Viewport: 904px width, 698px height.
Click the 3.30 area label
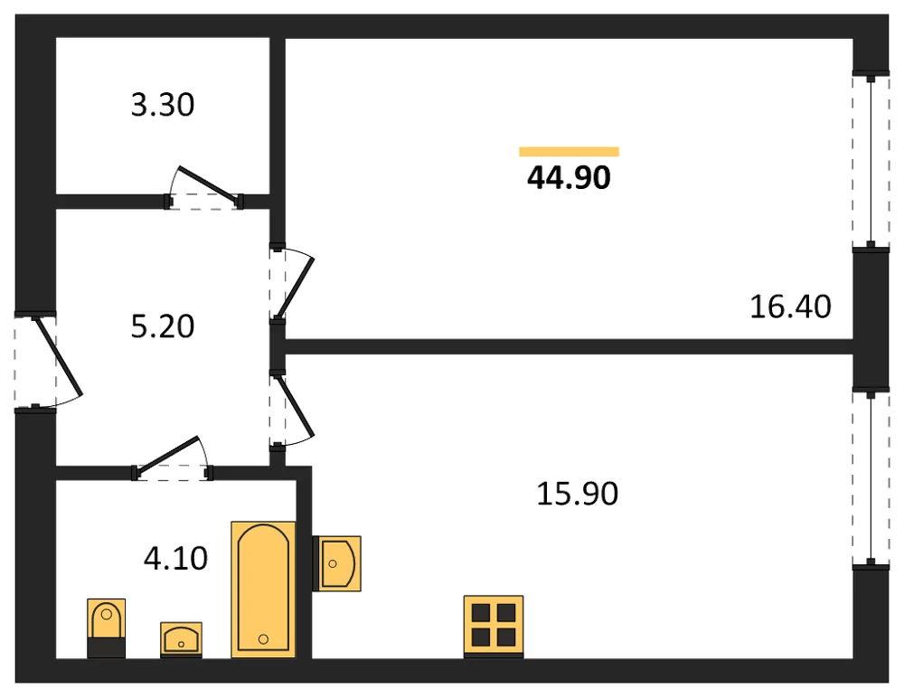pyautogui.click(x=163, y=105)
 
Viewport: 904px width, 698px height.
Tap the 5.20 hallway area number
pyautogui.click(x=163, y=326)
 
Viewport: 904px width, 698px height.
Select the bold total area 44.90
pyautogui.click(x=569, y=178)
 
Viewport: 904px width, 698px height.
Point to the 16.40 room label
pyautogui.click(x=790, y=307)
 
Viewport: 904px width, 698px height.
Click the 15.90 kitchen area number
pyautogui.click(x=577, y=494)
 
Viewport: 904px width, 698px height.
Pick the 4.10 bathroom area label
pyautogui.click(x=175, y=559)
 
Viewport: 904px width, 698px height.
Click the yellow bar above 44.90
pyautogui.click(x=569, y=152)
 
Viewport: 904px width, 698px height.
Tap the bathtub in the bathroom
pyautogui.click(x=263, y=590)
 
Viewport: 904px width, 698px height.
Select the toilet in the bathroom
pyautogui.click(x=106, y=627)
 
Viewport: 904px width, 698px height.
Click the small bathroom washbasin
pyautogui.click(x=181, y=639)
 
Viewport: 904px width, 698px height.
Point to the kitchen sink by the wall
pyautogui.click(x=337, y=563)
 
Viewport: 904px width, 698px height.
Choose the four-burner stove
pyautogui.click(x=494, y=627)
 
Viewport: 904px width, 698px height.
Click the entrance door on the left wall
pyautogui.click(x=49, y=361)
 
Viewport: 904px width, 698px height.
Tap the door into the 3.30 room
pyautogui.click(x=204, y=188)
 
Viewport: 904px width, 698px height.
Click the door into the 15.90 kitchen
pyautogui.click(x=292, y=409)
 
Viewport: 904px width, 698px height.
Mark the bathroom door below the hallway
pyautogui.click(x=173, y=458)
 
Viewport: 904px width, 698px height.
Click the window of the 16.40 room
pyautogui.click(x=871, y=162)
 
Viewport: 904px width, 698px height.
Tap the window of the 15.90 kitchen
pyautogui.click(x=871, y=477)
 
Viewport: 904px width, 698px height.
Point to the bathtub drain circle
pyautogui.click(x=263, y=638)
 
